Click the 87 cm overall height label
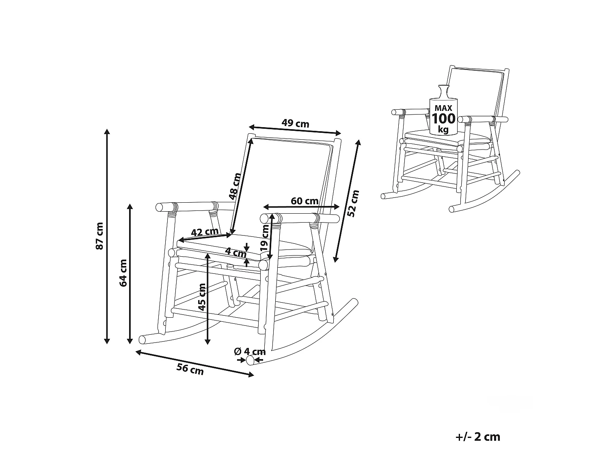[x=99, y=236]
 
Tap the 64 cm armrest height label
[x=123, y=273]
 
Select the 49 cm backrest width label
[x=295, y=123]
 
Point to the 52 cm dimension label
[x=353, y=204]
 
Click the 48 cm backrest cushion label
[x=235, y=186]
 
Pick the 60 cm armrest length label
[x=304, y=201]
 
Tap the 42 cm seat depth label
[x=205, y=232]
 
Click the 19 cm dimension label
[x=265, y=238]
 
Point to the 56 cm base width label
[x=190, y=369]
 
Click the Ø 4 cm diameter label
[x=250, y=351]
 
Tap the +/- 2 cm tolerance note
[x=478, y=437]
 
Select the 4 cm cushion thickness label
[x=235, y=252]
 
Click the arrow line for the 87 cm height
[x=107, y=236]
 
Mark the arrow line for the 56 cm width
[x=194, y=363]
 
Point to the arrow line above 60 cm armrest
[x=301, y=207]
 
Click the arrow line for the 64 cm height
[x=130, y=274]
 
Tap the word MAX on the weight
[x=443, y=108]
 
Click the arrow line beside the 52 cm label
[x=347, y=201]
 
